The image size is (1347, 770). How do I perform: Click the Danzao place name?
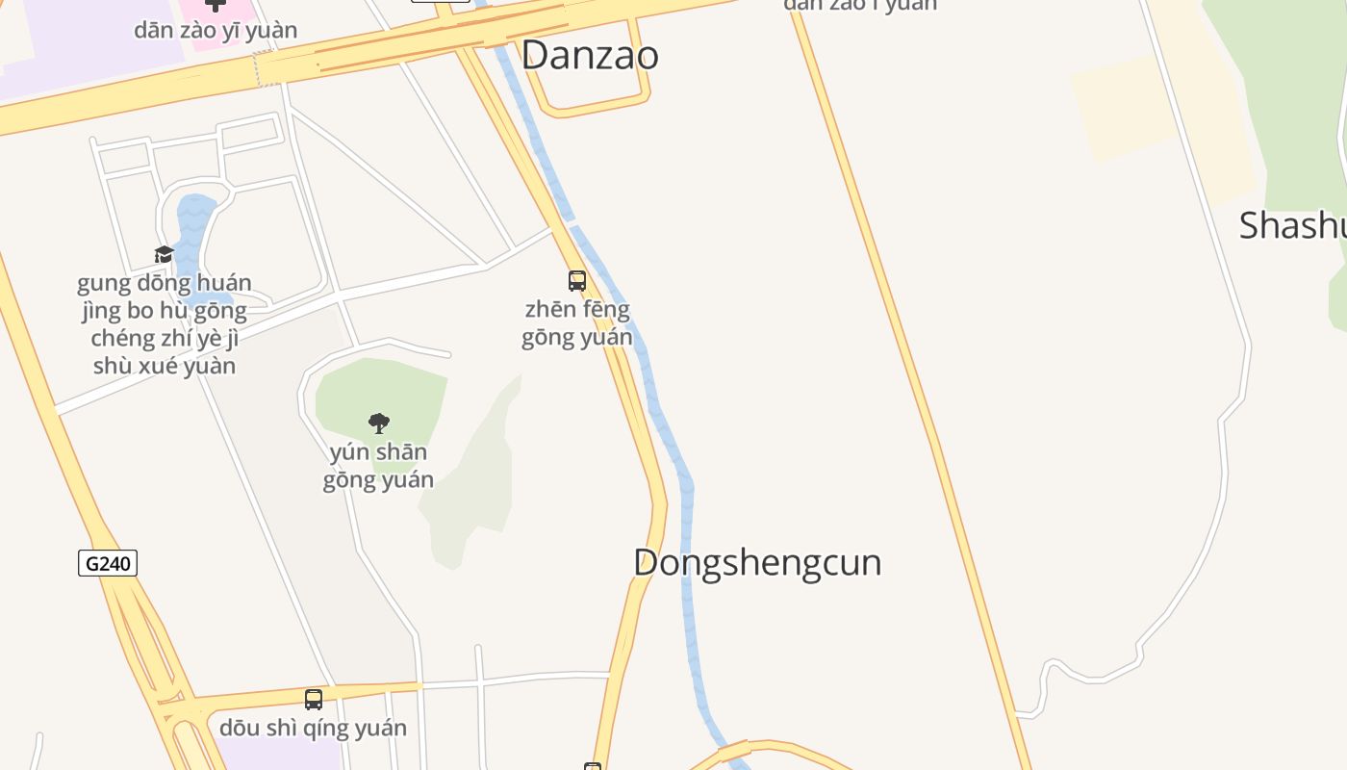coord(590,55)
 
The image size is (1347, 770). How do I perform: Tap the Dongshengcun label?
coord(757,563)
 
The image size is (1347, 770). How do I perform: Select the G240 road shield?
coord(108,563)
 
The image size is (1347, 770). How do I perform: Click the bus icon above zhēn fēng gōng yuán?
coord(577,281)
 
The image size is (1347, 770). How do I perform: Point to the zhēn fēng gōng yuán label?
coord(577,323)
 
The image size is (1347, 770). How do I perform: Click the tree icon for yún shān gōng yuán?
coord(379,423)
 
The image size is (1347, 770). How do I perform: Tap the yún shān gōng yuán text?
coord(378,466)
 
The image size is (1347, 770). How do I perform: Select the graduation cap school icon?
coord(165,255)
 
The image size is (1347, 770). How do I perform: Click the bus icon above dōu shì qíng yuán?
coord(314,700)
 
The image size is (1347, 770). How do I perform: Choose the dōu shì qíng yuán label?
coord(313,729)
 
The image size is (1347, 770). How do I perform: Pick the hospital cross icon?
coord(216,5)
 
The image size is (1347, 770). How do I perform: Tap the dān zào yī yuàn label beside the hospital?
coord(216,30)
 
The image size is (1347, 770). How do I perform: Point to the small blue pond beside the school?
coord(192,231)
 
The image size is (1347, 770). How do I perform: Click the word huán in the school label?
coord(227,283)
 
